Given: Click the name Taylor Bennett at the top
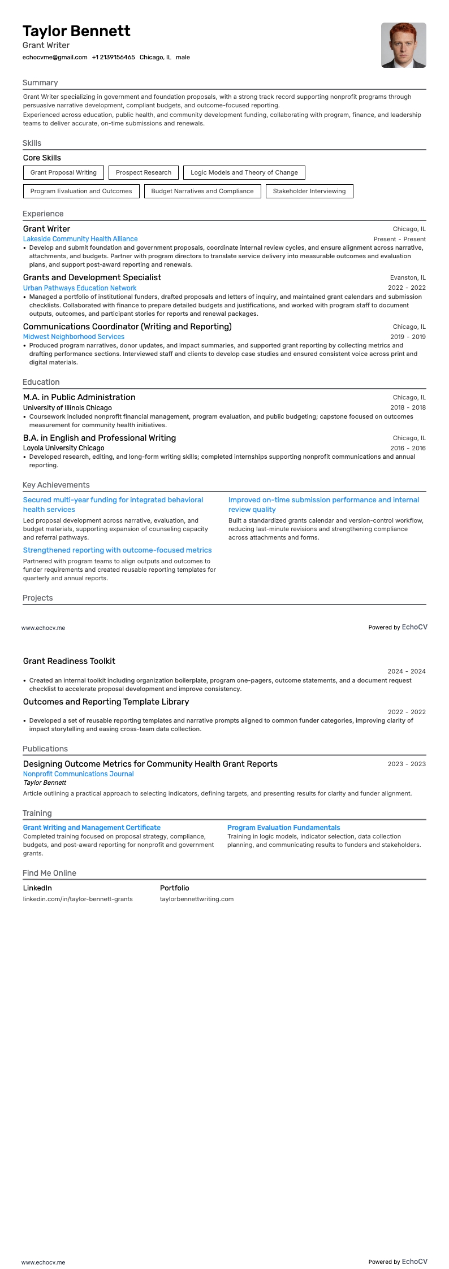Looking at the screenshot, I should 76,31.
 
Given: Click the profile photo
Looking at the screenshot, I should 403,45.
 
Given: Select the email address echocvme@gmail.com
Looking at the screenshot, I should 55,57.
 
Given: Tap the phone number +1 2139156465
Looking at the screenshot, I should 113,57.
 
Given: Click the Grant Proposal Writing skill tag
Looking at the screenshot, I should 63,172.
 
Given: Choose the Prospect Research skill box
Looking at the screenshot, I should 144,172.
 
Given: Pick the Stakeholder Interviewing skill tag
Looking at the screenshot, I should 309,191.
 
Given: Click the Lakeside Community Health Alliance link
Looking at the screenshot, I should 80,239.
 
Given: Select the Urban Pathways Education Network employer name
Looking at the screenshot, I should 80,288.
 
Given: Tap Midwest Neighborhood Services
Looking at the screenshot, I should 74,337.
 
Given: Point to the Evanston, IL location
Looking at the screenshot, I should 408,277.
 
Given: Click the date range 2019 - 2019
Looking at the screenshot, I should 408,337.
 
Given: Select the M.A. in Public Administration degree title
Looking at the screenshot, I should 79,397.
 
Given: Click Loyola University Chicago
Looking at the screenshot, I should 63,448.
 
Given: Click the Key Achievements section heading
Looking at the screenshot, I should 56,485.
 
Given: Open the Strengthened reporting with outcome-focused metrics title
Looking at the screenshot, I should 117,550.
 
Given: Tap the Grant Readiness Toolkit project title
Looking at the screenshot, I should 69,661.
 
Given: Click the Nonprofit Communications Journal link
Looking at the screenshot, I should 78,774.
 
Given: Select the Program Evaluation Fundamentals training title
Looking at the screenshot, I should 283,828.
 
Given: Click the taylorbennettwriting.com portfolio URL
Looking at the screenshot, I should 196,899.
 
